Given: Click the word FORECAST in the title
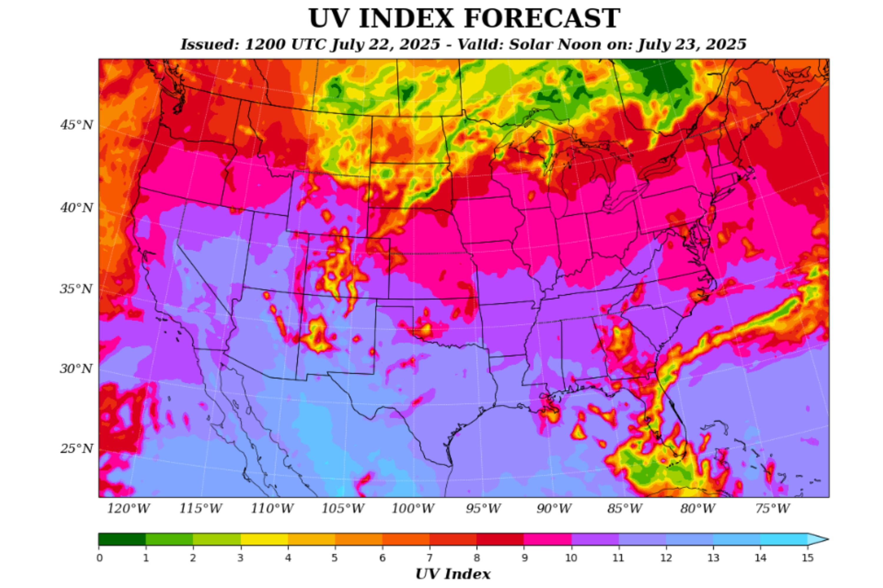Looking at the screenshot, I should [x=542, y=19].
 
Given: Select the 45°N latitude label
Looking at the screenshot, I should [x=77, y=125].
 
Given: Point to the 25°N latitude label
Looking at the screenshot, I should [x=77, y=449].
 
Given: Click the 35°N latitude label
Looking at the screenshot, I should [x=76, y=289].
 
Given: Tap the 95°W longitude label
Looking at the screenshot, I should [x=484, y=509].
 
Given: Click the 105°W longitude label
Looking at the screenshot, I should [x=343, y=509].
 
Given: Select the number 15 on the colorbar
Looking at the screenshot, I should [x=808, y=558].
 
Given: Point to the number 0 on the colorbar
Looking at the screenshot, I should [x=99, y=558].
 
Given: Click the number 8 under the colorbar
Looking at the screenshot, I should [x=477, y=558].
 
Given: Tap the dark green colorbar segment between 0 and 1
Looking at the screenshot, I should [x=122, y=539].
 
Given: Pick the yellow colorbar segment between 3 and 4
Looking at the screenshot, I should [x=264, y=539].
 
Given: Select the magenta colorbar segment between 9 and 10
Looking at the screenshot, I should [x=547, y=539].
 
